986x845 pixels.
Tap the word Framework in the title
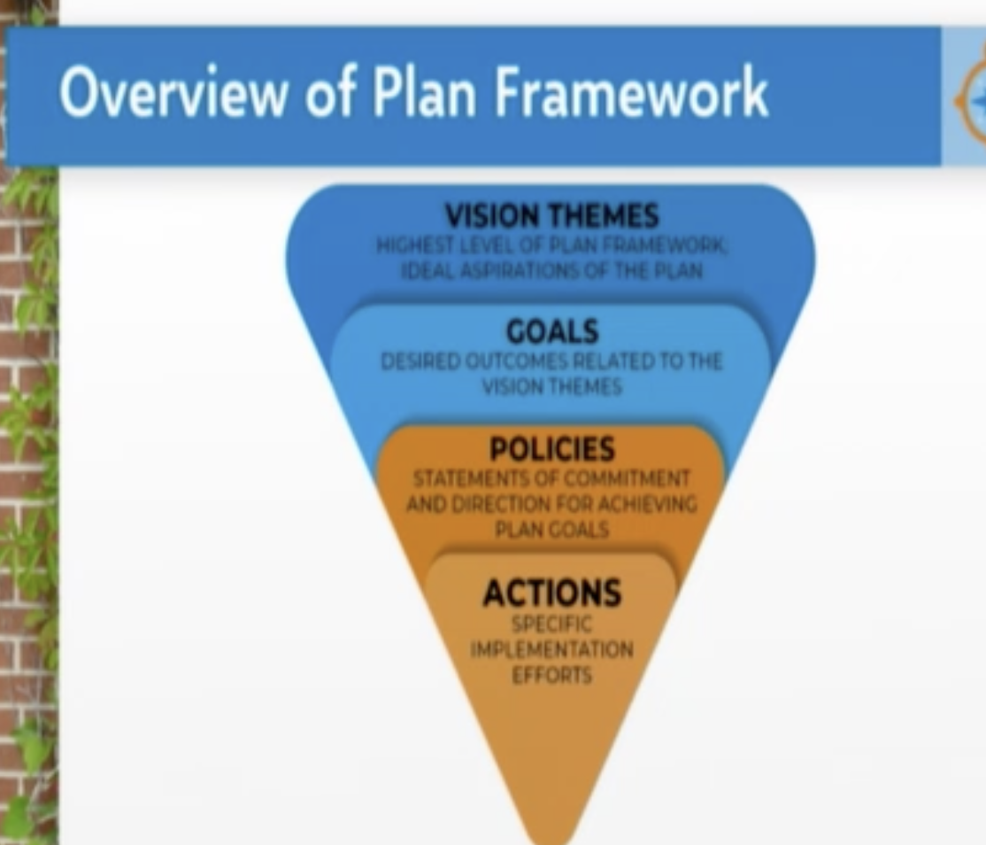[x=631, y=92]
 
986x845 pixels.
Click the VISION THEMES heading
[x=551, y=216]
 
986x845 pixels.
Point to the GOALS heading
[x=552, y=331]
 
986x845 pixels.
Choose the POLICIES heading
[x=551, y=449]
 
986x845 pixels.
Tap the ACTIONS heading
[x=552, y=593]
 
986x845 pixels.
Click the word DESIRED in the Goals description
[x=420, y=361]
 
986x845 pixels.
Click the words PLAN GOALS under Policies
[x=551, y=530]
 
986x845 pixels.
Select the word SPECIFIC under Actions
[x=551, y=624]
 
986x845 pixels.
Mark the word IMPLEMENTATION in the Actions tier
[x=551, y=649]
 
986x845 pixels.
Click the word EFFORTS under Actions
[x=551, y=675]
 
